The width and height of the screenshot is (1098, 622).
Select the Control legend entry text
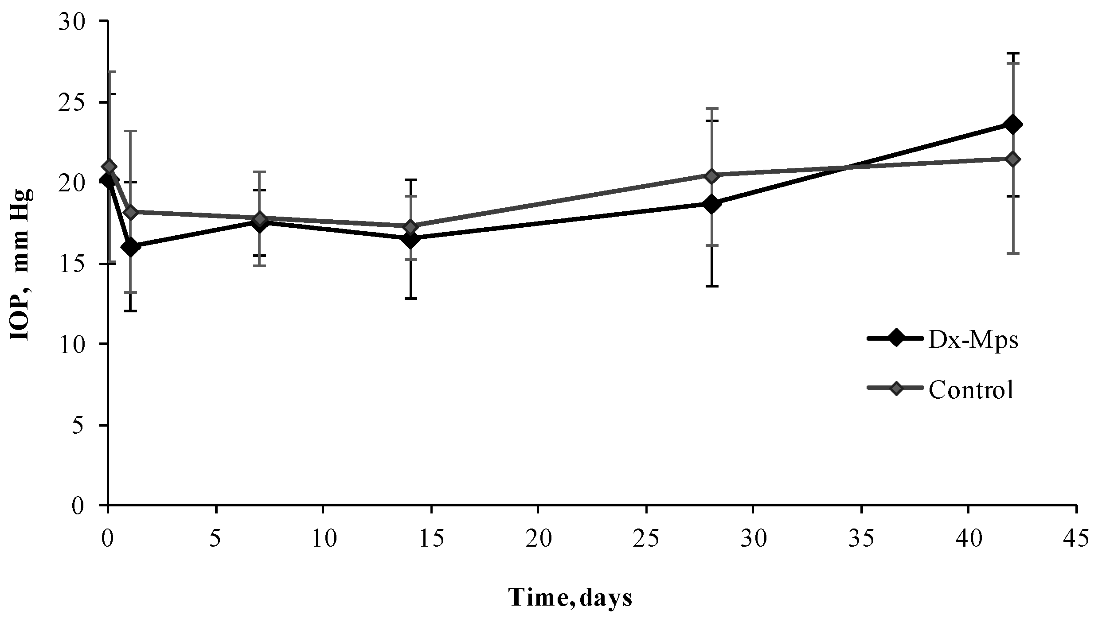pos(971,389)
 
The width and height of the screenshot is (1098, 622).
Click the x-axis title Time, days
pos(570,598)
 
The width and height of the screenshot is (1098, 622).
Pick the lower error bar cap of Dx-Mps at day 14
pos(411,298)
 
